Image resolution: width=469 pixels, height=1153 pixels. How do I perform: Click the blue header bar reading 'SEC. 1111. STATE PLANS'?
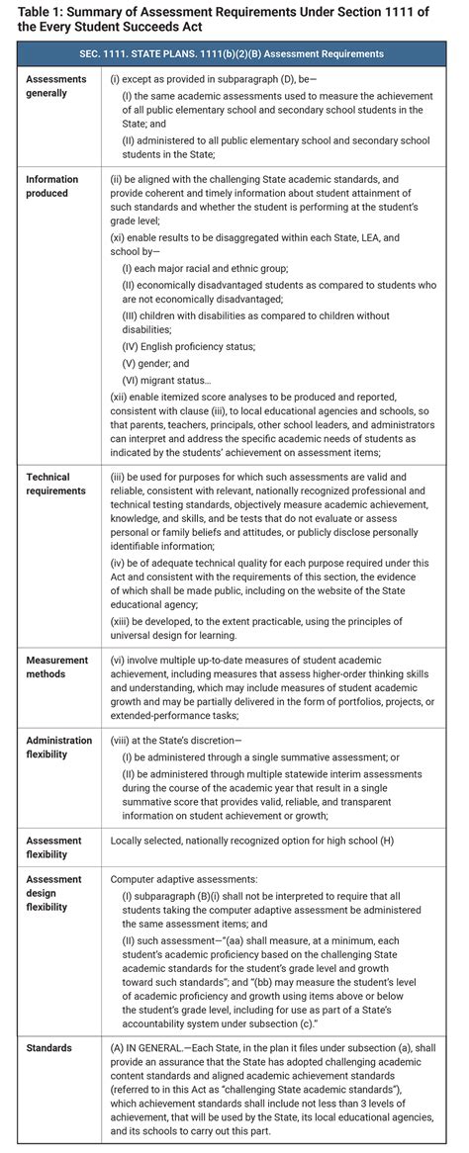pos(234,53)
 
